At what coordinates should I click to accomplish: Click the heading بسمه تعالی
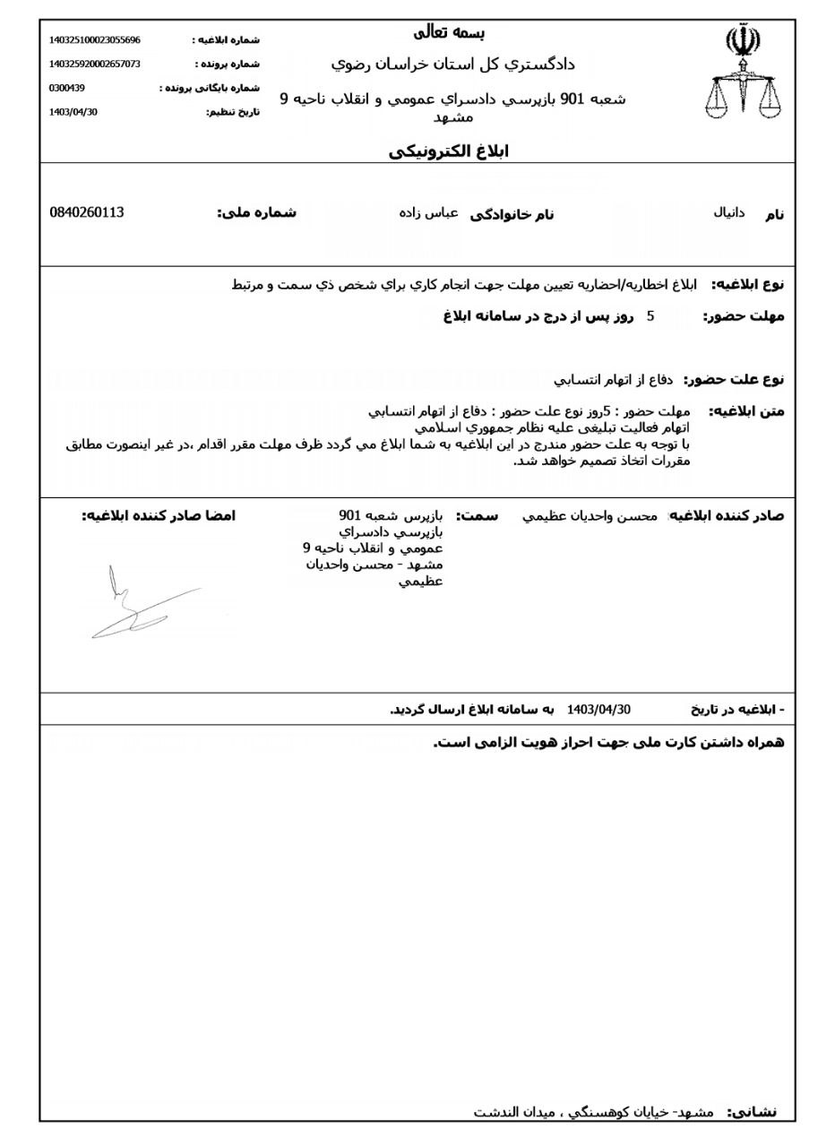(x=449, y=33)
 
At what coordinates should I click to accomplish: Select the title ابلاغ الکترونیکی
(x=448, y=151)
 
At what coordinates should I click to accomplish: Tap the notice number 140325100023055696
(x=94, y=40)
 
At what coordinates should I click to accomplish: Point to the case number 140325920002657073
(x=94, y=65)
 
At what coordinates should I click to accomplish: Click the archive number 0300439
(x=66, y=88)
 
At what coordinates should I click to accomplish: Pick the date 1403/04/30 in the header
(x=73, y=112)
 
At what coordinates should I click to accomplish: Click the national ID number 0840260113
(x=87, y=212)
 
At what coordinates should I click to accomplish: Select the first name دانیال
(x=728, y=213)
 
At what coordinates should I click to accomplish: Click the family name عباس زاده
(x=428, y=213)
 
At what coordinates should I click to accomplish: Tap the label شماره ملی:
(x=256, y=213)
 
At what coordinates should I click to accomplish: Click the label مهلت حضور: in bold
(x=743, y=316)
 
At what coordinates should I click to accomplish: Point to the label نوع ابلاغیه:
(x=747, y=285)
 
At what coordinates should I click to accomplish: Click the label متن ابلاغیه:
(x=746, y=411)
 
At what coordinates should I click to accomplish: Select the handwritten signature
(x=143, y=605)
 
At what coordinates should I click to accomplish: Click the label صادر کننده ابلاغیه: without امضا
(x=727, y=516)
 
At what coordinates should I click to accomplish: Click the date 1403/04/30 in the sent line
(x=598, y=710)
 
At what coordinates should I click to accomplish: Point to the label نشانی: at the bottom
(x=752, y=1112)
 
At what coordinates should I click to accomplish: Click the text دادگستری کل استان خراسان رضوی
(x=452, y=65)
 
